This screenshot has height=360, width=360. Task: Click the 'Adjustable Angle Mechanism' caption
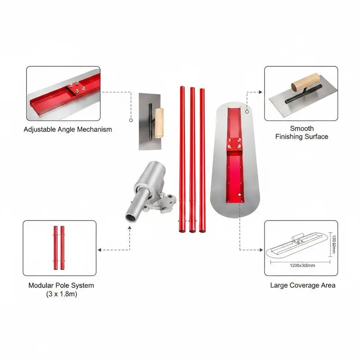68,130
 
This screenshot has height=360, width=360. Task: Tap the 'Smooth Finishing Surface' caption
301,132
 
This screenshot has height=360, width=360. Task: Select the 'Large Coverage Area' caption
302,285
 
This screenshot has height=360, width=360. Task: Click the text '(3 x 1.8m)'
62,294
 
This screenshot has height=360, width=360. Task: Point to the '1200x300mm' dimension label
302,265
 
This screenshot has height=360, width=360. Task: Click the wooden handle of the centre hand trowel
159,123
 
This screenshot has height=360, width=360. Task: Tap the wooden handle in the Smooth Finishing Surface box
306,82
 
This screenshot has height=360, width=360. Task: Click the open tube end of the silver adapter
130,218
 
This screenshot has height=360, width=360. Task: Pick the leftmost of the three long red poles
182,159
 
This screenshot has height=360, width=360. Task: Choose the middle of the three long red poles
193,160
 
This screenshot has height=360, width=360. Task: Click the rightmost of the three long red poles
202,161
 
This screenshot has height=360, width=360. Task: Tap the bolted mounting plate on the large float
234,144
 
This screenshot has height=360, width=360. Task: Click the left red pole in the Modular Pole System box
55,248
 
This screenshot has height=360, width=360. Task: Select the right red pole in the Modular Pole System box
62,248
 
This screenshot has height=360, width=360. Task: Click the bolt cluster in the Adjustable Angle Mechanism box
77,87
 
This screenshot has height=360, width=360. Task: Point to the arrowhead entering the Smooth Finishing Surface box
261,92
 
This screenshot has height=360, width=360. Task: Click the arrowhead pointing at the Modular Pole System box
99,250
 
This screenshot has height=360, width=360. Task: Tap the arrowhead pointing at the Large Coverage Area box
261,250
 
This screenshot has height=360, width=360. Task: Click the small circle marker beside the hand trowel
131,120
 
